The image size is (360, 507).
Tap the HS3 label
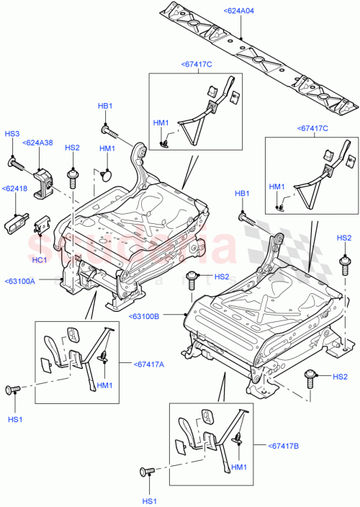(x=12, y=133)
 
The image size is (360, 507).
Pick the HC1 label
(x=40, y=259)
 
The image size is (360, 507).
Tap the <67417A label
(x=148, y=364)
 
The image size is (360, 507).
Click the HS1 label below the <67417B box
(x=148, y=501)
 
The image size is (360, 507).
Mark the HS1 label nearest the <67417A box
(x=13, y=418)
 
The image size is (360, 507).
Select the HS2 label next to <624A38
(x=72, y=148)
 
